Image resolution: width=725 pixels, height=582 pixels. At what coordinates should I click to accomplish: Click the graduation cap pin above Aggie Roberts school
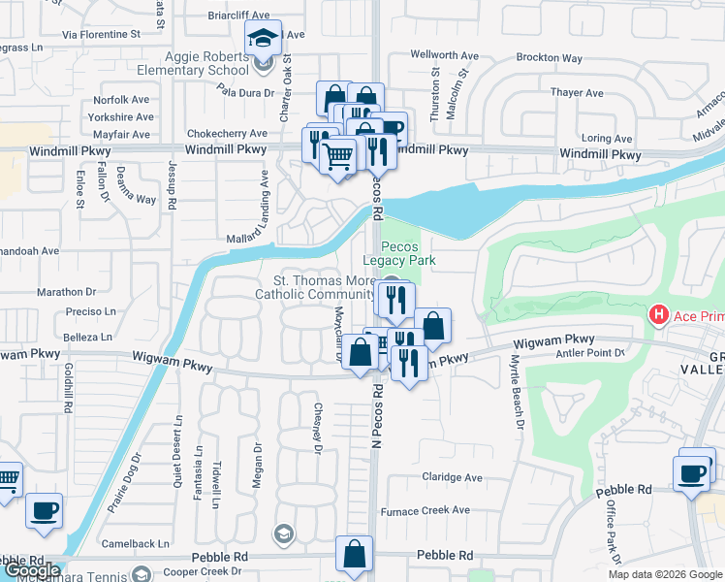263,40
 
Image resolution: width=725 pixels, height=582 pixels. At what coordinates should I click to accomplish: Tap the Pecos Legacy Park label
399,253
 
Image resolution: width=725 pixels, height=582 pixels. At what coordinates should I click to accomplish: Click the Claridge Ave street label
452,477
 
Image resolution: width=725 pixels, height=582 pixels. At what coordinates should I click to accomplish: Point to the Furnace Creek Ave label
425,510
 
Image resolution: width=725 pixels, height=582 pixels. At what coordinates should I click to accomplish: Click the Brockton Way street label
549,57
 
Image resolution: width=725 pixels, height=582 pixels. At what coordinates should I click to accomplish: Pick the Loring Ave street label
607,139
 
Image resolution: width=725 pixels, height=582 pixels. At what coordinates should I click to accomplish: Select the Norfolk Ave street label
121,100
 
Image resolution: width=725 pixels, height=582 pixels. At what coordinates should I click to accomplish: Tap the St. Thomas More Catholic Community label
314,287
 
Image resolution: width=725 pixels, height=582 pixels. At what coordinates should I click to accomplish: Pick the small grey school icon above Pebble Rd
283,533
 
